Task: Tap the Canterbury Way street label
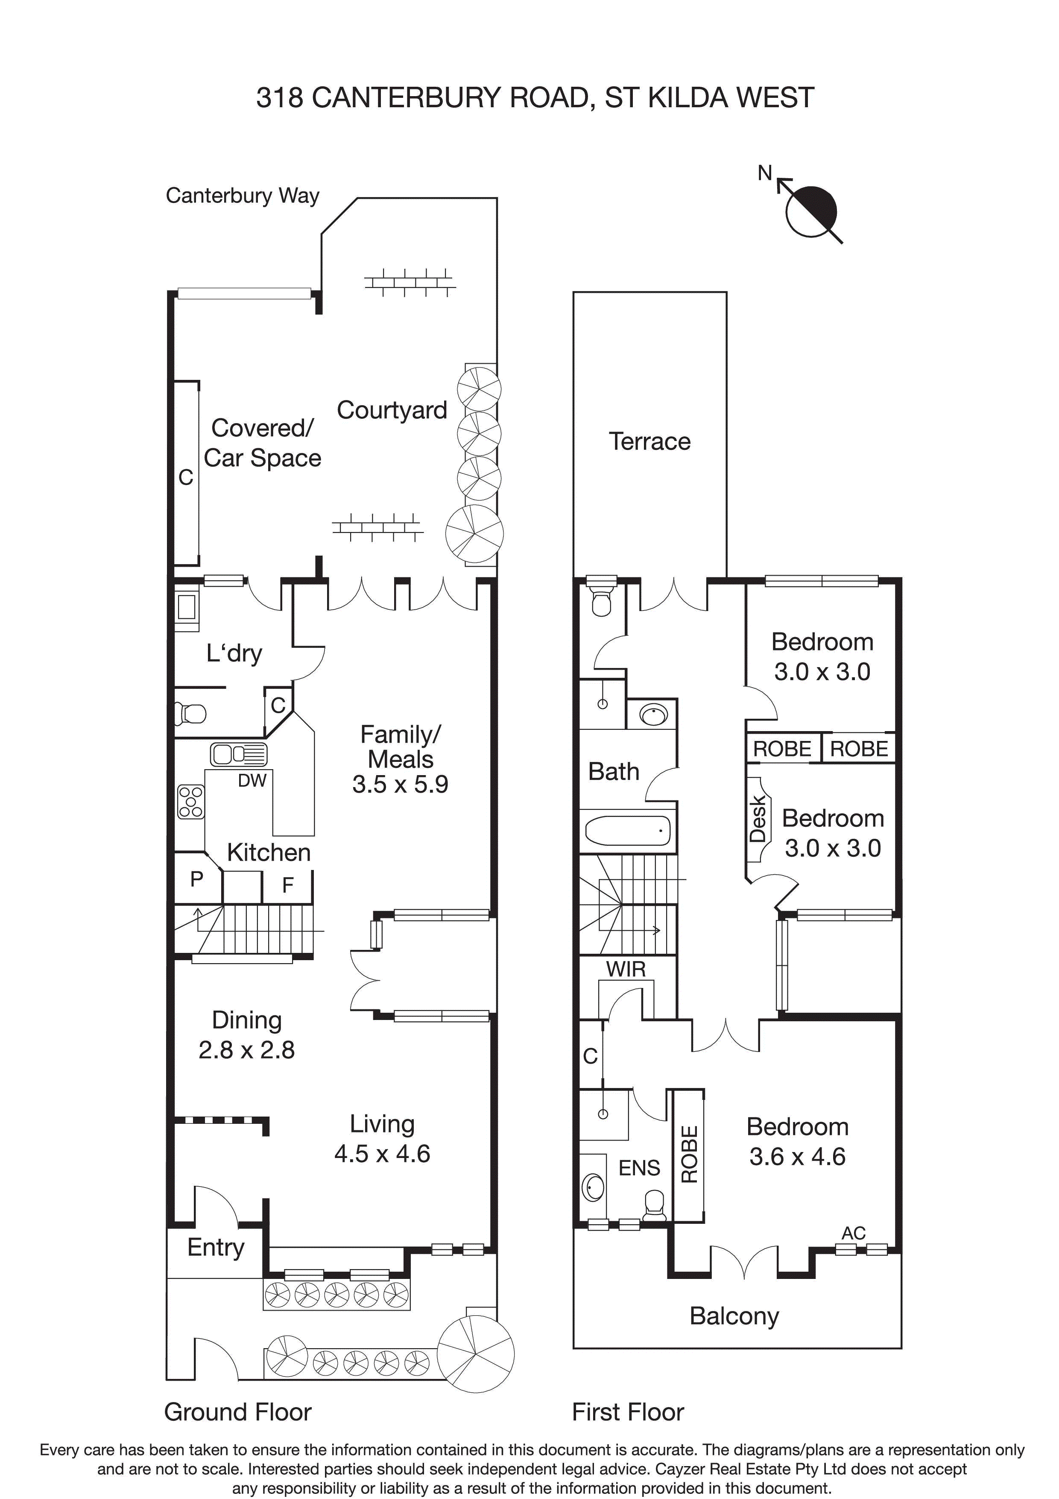coord(242,196)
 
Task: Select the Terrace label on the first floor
coord(649,441)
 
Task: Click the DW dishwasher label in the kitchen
coord(252,780)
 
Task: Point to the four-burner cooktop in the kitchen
coord(190,801)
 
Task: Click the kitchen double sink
coord(239,755)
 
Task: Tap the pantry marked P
coord(196,879)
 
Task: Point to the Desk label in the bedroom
coord(758,819)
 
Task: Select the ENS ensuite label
coord(639,1168)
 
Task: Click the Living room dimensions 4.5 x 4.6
coord(382,1154)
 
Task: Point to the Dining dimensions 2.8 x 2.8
coord(247,1050)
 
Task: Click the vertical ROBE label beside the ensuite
coord(690,1154)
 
